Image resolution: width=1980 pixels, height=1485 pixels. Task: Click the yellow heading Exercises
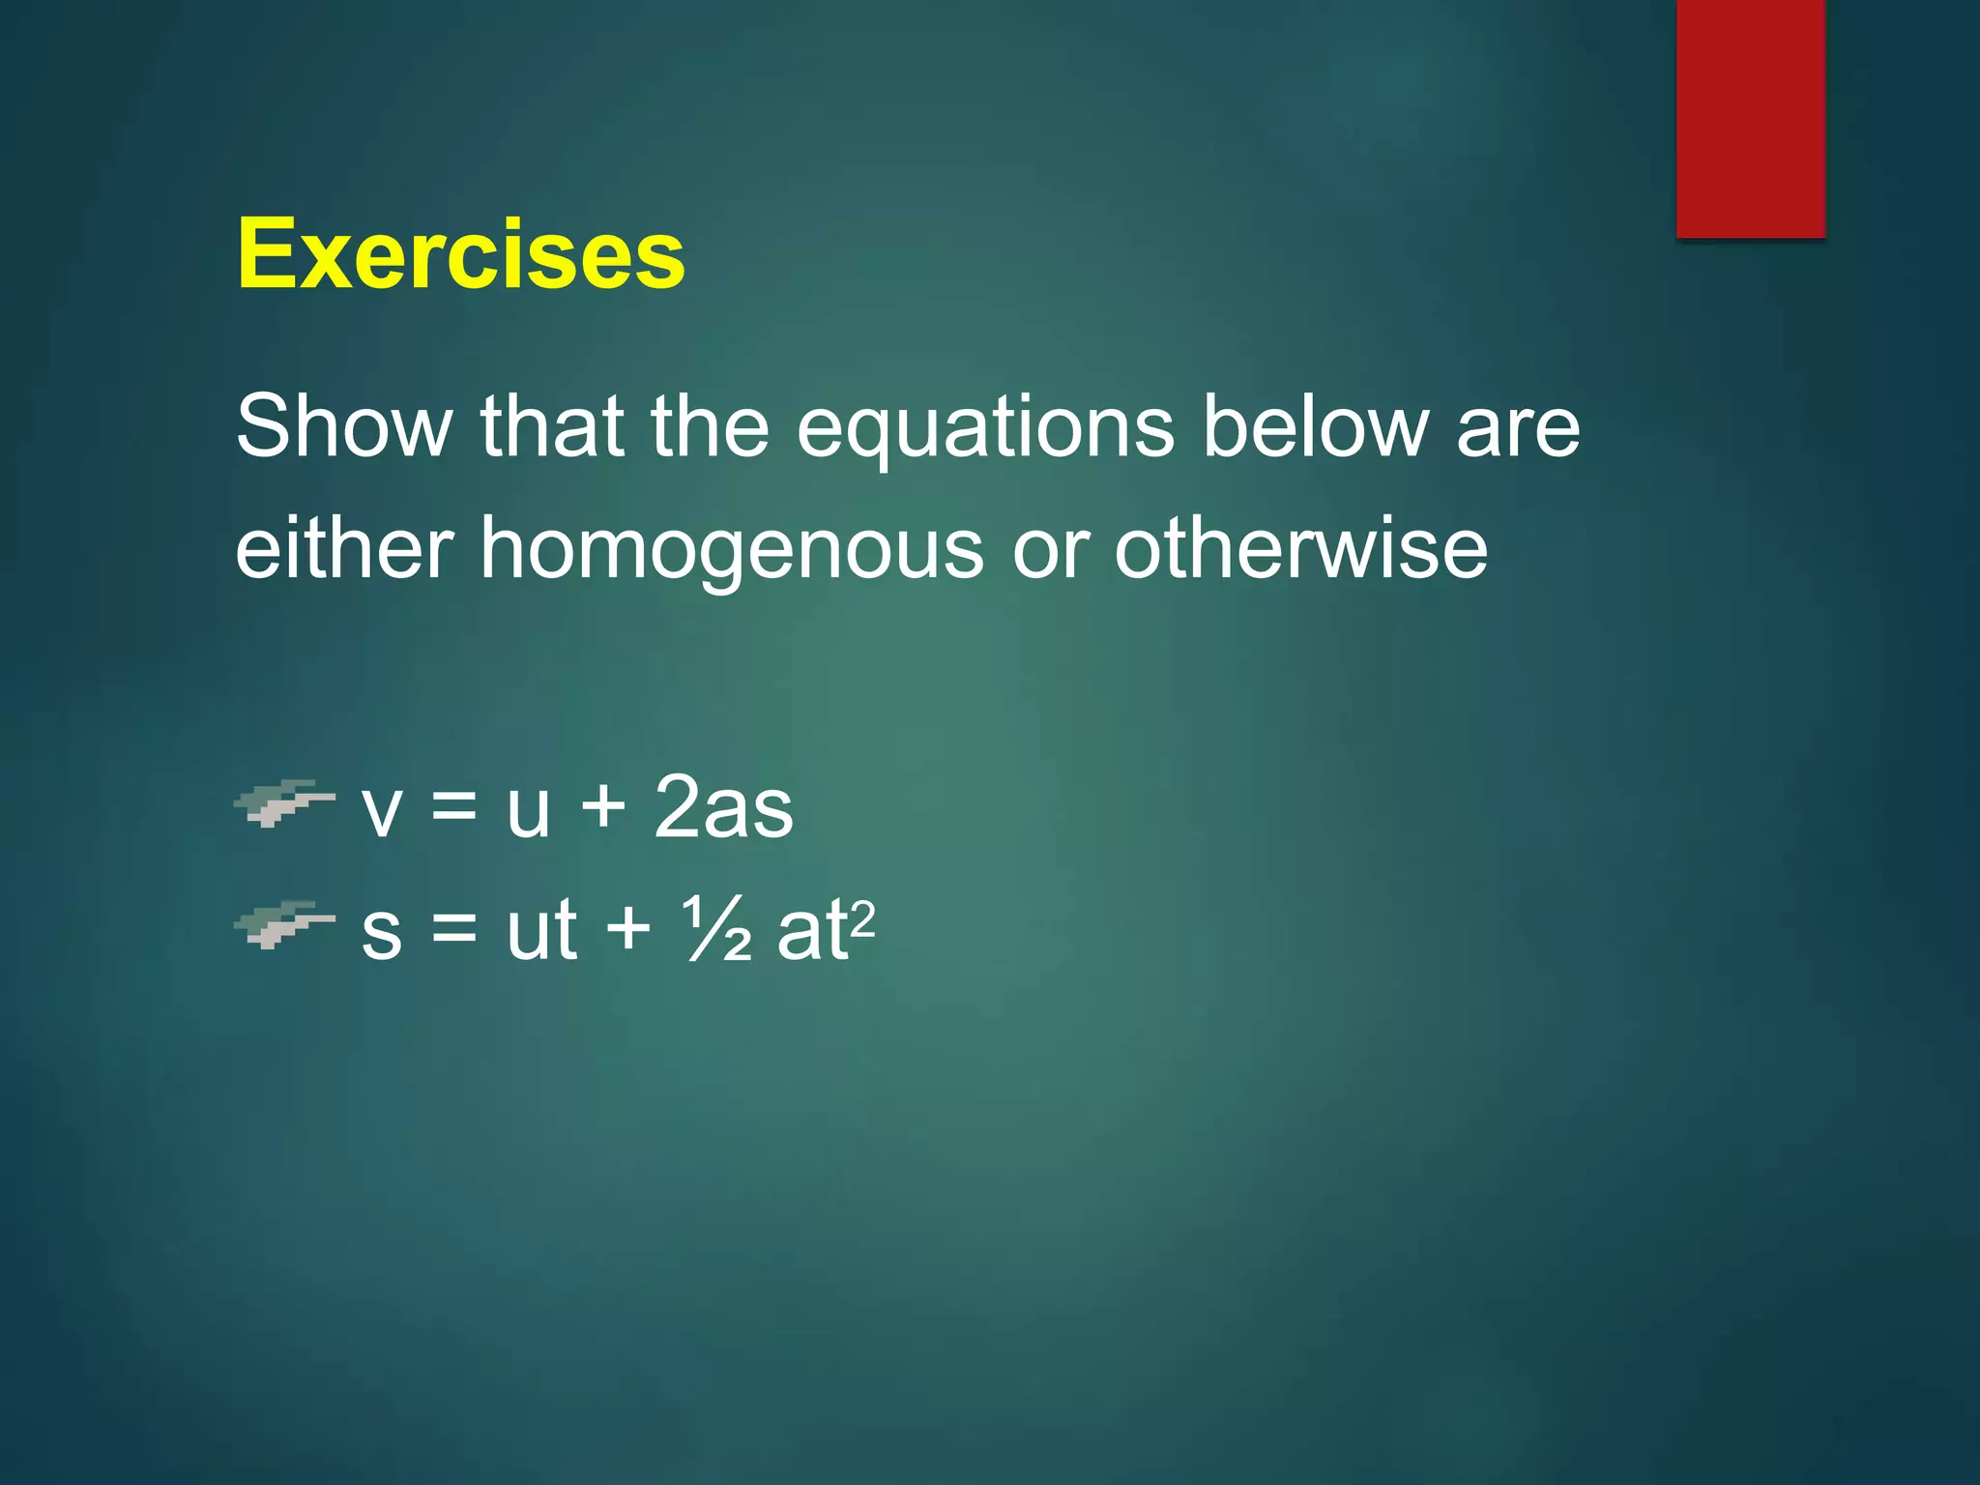pos(460,253)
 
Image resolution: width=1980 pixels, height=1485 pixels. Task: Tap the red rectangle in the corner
pos(1750,118)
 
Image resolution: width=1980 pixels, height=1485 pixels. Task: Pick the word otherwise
pos(1300,548)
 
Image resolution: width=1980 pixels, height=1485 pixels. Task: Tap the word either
pos(344,548)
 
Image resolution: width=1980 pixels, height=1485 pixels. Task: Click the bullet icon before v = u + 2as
pos(284,802)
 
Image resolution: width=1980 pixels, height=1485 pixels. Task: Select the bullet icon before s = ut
pos(284,925)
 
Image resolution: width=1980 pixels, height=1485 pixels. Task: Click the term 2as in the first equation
pos(723,807)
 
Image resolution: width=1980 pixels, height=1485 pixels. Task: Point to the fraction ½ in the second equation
pos(716,929)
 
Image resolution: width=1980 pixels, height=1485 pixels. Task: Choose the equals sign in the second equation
pos(454,929)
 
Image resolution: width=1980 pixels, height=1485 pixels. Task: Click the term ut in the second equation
pos(541,929)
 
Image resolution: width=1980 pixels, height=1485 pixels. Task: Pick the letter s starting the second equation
pos(381,934)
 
